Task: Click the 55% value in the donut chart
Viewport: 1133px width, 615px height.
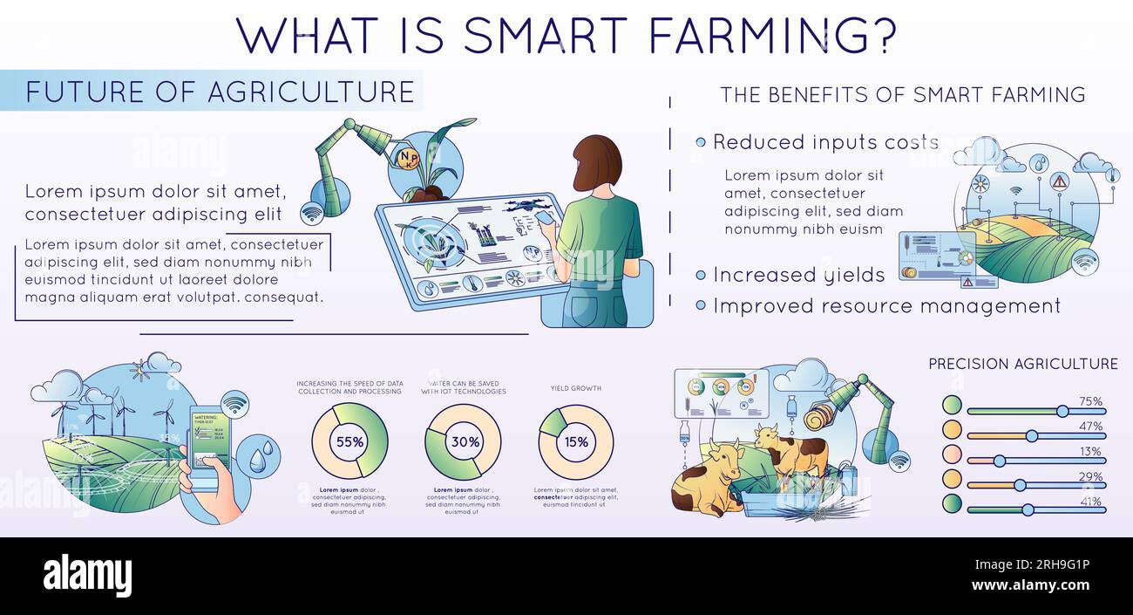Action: pos(349,441)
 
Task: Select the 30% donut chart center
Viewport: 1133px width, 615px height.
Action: pos(464,441)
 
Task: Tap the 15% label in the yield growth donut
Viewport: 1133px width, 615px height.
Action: pos(576,441)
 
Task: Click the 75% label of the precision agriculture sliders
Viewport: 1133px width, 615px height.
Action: pos(1090,402)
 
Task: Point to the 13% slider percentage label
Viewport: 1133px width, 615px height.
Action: pos(1090,452)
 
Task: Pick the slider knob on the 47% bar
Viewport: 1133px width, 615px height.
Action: pos(1032,435)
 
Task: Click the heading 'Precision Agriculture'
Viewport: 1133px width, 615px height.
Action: pos(1022,364)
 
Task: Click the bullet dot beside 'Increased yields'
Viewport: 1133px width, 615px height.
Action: pos(701,276)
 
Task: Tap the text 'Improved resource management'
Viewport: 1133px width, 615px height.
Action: pos(886,306)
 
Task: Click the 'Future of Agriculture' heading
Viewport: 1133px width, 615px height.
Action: pos(220,92)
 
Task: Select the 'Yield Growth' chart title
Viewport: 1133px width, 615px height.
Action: pos(575,388)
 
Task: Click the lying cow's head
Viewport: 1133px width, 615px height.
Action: pos(723,455)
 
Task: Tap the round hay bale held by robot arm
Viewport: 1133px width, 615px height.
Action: pos(821,416)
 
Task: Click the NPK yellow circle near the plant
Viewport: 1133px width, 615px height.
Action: pos(407,159)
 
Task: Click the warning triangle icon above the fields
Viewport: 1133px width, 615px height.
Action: pos(1059,181)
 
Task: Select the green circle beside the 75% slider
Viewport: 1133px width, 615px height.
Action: pos(952,405)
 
